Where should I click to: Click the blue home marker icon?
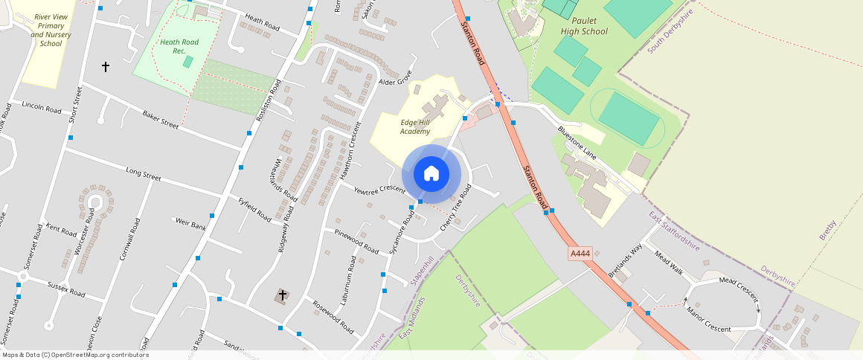tap(431, 174)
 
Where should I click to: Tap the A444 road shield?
tap(580, 254)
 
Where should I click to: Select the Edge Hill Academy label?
tap(415, 126)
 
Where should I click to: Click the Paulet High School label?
tap(584, 26)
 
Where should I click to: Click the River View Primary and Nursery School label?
tap(51, 30)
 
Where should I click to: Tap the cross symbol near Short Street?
tap(106, 67)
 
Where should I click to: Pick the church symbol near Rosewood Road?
tap(282, 296)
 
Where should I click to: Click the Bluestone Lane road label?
tap(577, 142)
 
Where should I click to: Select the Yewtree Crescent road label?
tap(379, 190)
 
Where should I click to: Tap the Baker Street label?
tap(161, 119)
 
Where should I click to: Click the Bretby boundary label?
tap(828, 229)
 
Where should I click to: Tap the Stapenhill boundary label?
tap(422, 271)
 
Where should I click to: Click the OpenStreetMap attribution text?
tap(75, 355)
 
